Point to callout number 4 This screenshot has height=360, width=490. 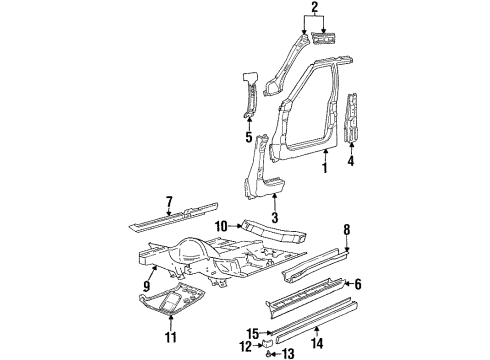(350, 158)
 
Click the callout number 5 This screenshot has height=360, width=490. (249, 138)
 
